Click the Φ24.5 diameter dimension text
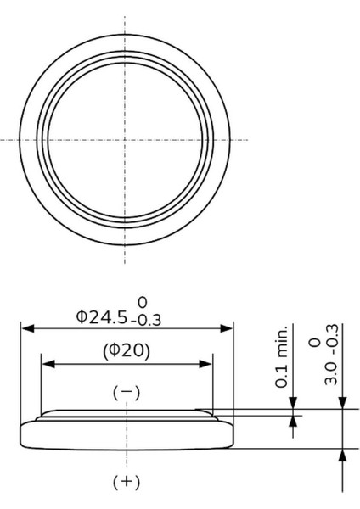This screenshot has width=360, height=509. (102, 317)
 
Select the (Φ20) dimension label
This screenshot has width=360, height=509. (127, 351)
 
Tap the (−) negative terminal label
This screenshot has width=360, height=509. (127, 393)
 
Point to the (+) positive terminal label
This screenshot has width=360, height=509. (127, 482)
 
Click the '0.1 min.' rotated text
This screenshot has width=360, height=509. (282, 356)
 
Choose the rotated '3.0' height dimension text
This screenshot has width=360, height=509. (332, 375)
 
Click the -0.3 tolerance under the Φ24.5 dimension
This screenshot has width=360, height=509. (146, 321)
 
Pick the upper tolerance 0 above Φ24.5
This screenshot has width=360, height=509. (143, 303)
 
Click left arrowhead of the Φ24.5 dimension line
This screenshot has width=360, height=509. (28, 328)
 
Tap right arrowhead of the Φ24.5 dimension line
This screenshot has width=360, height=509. (226, 328)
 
